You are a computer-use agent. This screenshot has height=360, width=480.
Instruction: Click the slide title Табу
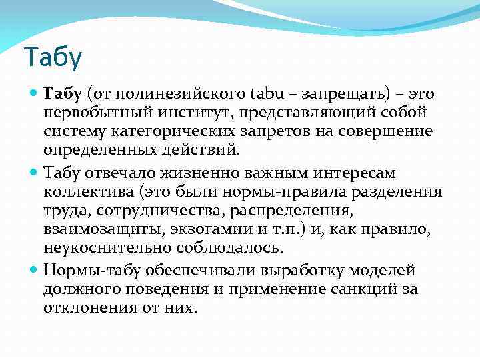pyautogui.click(x=52, y=59)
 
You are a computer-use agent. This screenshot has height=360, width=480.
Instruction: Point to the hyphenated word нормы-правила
pyautogui.click(x=313, y=192)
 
